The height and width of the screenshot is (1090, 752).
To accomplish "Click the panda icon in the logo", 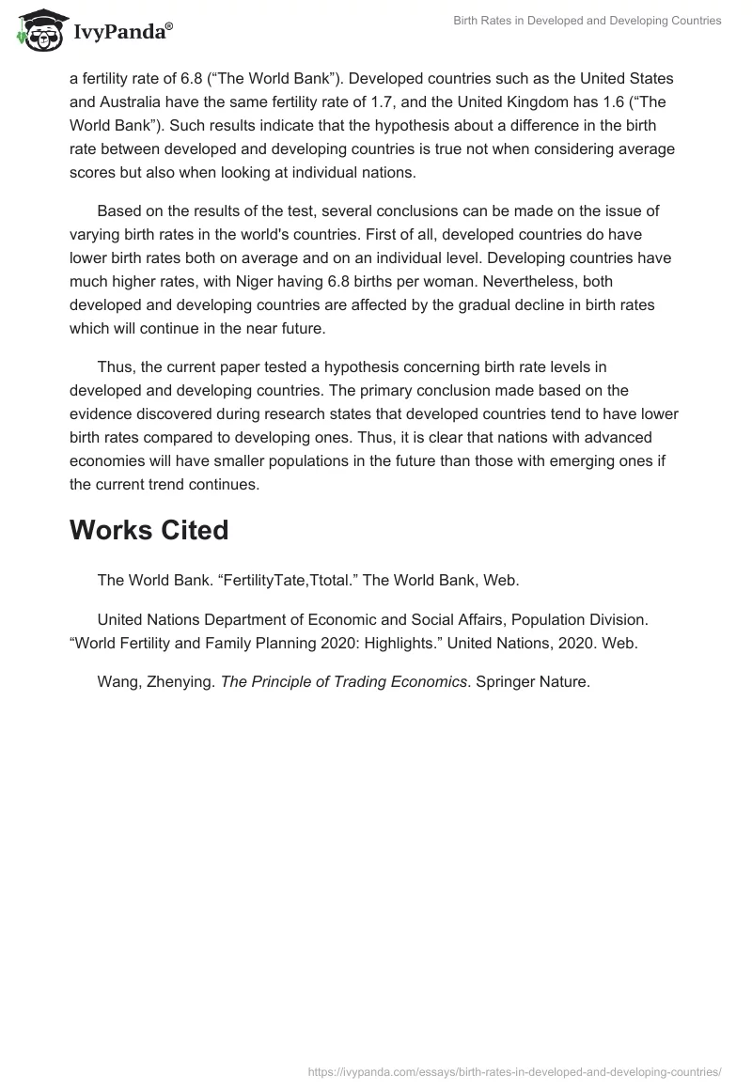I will pyautogui.click(x=38, y=28).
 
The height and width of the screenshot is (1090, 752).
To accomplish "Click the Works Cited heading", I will pyautogui.click(x=149, y=530).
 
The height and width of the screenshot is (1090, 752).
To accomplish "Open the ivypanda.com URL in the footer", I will pyautogui.click(x=515, y=1071).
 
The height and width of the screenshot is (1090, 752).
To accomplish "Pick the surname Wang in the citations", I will pyautogui.click(x=117, y=682).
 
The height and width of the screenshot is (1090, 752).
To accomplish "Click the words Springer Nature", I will pyautogui.click(x=532, y=682).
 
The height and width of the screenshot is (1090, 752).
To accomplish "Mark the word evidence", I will pyautogui.click(x=108, y=413).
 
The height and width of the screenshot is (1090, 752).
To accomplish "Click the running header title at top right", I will pyautogui.click(x=587, y=21).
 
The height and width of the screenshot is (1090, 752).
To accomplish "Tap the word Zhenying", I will pyautogui.click(x=181, y=682).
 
